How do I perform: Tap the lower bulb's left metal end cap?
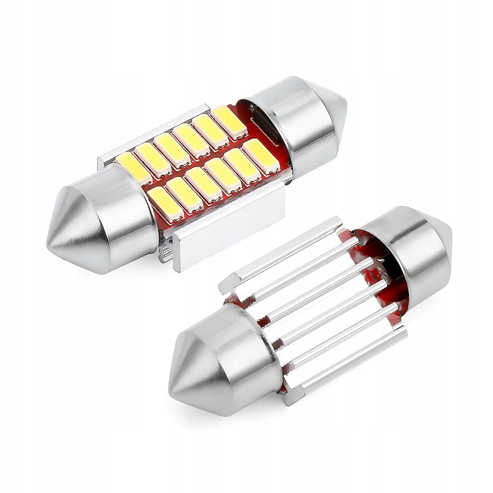[x=232, y=365]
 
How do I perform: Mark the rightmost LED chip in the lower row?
[x=261, y=156]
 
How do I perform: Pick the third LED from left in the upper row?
[x=172, y=149]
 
